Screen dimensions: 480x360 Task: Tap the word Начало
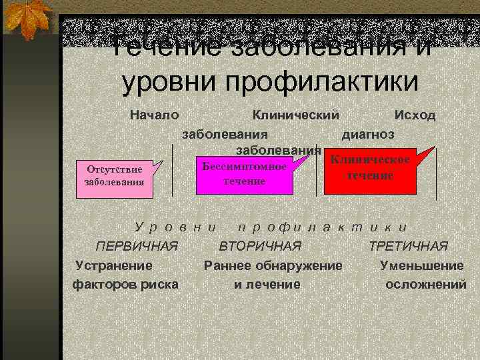tap(154, 115)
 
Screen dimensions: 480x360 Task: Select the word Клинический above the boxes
tap(296, 115)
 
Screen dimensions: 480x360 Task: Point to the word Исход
tap(415, 115)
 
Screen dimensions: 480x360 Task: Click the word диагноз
tap(368, 133)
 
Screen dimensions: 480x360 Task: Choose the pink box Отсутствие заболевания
tap(109, 175)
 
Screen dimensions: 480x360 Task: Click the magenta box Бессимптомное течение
tap(245, 173)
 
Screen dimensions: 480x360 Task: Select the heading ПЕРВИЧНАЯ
tap(137, 247)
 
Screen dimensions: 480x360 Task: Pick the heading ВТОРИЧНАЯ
tap(261, 247)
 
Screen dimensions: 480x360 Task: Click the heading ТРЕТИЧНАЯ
tap(409, 247)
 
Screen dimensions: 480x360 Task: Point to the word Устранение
tap(114, 265)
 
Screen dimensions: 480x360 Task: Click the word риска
tap(157, 285)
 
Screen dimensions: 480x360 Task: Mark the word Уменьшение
tap(421, 265)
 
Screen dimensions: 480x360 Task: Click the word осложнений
tap(426, 285)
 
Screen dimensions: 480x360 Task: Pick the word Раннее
tap(228, 265)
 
